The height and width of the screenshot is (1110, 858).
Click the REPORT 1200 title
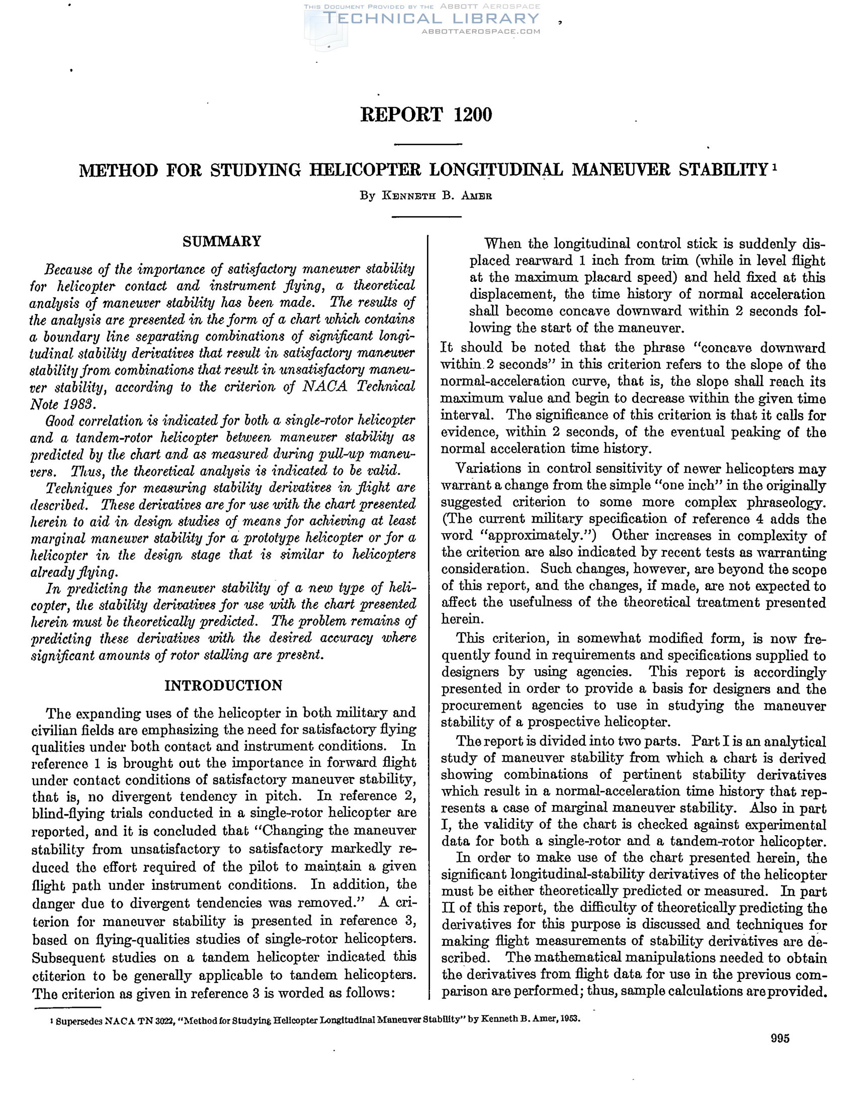pyautogui.click(x=426, y=115)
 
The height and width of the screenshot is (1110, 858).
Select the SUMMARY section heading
pyautogui.click(x=222, y=241)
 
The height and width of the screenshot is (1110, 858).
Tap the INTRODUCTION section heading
pyautogui.click(x=223, y=685)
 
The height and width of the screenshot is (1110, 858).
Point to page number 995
pyautogui.click(x=780, y=1039)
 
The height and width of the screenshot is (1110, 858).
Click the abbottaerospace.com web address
pyautogui.click(x=481, y=32)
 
